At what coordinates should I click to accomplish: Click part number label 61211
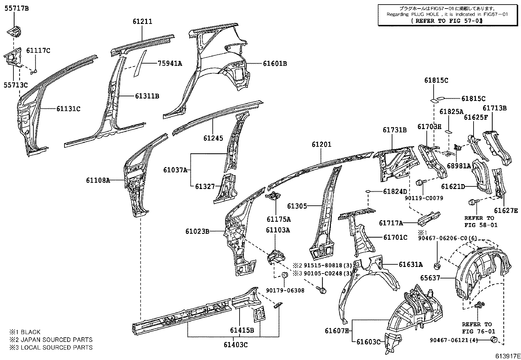[142, 22]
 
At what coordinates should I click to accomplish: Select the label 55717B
[16, 9]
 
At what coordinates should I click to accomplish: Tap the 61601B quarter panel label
[275, 64]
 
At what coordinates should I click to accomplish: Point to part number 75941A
[170, 64]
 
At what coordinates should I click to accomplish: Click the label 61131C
[68, 108]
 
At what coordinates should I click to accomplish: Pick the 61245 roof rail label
[213, 138]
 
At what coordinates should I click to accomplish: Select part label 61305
[297, 206]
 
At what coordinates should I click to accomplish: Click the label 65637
[430, 278]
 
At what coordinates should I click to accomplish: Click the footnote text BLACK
[30, 332]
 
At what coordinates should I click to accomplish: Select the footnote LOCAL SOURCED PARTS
[57, 348]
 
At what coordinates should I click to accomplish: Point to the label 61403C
[236, 344]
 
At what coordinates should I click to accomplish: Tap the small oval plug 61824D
[368, 191]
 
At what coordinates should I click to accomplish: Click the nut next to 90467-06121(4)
[494, 339]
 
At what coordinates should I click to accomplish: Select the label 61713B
[494, 108]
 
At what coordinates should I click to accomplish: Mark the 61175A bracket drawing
[273, 197]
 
